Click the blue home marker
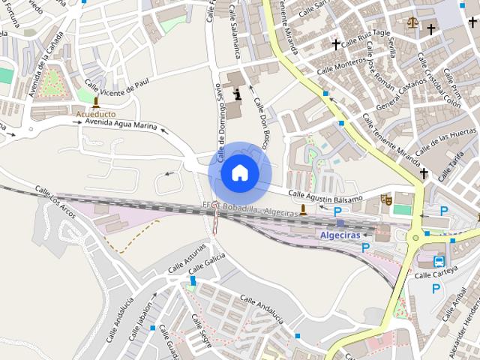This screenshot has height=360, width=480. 239,172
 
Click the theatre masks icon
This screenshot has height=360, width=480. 386,199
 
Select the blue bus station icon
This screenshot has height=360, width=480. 439,262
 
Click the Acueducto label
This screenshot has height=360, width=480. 95,114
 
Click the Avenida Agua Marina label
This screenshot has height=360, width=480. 121,124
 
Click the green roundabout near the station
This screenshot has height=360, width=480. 415,238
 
